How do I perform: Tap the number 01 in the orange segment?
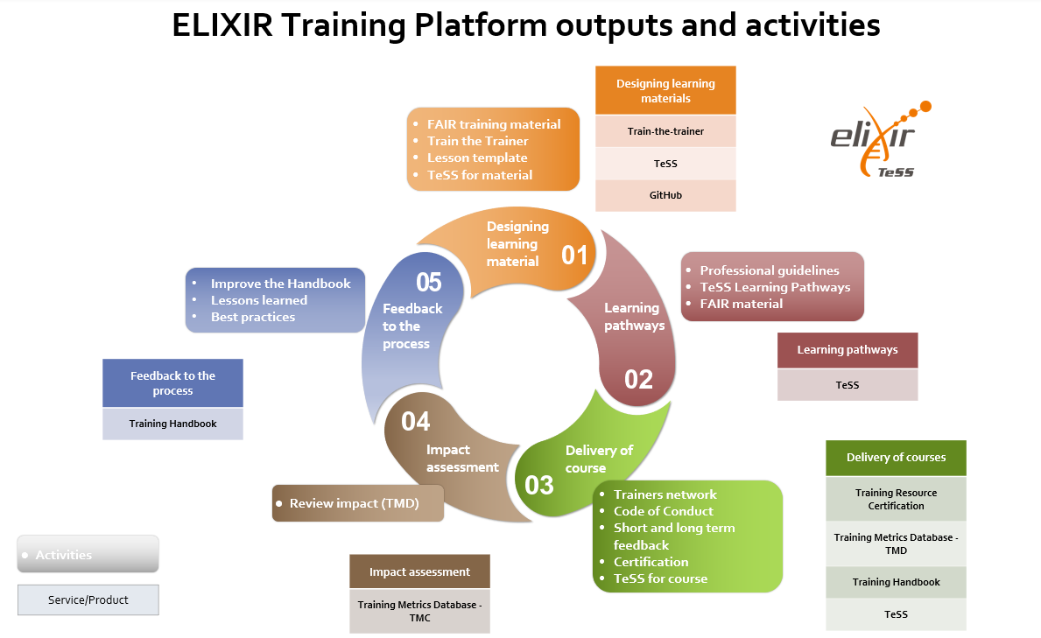(574, 255)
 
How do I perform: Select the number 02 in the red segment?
(638, 379)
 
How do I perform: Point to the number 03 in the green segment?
(539, 484)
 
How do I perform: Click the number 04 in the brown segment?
(416, 422)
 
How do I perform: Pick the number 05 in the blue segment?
(429, 282)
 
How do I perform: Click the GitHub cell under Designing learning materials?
(665, 195)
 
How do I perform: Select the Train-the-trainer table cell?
(665, 131)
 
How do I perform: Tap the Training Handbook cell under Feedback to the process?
(172, 424)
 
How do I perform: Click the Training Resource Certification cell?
(896, 499)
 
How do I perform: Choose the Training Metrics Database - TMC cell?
(419, 611)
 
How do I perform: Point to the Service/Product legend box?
(88, 599)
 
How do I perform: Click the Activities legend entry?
(88, 555)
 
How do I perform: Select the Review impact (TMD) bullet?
(354, 503)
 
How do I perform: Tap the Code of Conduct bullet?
(663, 511)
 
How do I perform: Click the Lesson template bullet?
(477, 158)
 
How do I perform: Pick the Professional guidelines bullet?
(769, 270)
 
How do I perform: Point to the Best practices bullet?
(252, 317)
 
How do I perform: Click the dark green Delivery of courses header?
(896, 457)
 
